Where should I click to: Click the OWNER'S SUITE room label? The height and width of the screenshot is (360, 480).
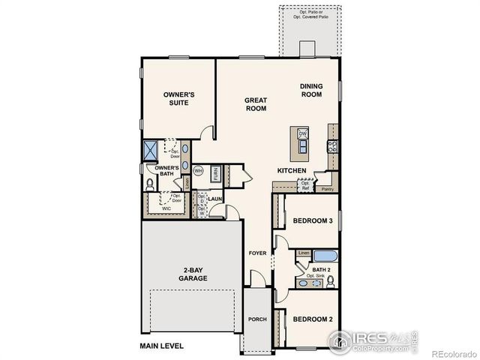[x=179, y=99]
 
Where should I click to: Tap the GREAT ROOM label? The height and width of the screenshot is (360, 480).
[x=256, y=103]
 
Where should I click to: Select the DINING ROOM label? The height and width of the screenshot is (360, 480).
[x=310, y=90]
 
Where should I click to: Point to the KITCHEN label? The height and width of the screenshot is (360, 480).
[x=292, y=171]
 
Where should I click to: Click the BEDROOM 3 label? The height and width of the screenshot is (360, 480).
[x=313, y=220]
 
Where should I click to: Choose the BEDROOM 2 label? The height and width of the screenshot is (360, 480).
[x=313, y=319]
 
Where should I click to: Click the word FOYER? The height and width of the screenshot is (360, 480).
[x=258, y=253]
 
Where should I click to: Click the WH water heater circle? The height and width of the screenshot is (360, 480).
[x=199, y=171]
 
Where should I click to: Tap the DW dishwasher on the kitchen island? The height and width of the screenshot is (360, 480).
[x=303, y=134]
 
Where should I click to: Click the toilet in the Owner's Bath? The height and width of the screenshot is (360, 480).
[x=149, y=183]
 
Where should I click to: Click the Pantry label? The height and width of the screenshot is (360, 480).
[x=327, y=189]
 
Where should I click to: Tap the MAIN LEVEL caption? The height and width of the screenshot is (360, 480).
[x=161, y=346]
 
